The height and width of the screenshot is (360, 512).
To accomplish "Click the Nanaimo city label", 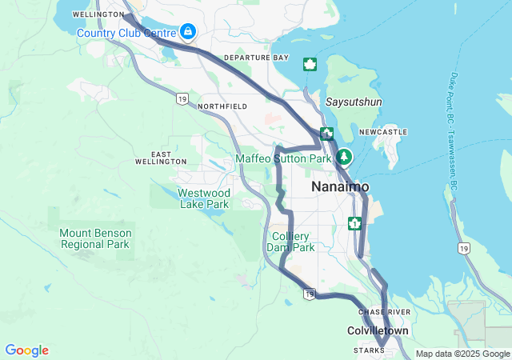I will tap(340, 186).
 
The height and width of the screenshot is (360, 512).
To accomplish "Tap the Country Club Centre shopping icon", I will tap(187, 31).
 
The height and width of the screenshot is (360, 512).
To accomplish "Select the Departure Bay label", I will tap(256, 58).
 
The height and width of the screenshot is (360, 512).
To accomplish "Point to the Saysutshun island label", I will tap(354, 102).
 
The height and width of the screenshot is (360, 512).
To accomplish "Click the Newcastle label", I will tap(383, 132).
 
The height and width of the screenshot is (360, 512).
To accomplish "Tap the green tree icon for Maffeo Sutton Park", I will tap(344, 156).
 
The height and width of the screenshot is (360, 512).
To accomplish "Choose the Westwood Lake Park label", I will tap(203, 198).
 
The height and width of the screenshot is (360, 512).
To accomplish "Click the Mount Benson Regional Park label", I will tap(94, 238).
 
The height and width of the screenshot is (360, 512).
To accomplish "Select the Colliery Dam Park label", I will tap(290, 242).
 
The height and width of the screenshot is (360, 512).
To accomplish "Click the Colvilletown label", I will tap(378, 330).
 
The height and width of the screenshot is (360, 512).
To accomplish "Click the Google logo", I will tap(26, 350).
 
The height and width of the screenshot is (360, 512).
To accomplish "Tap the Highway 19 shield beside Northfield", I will tap(182, 98).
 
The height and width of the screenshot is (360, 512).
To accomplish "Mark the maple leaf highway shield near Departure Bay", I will tap(310, 64).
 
